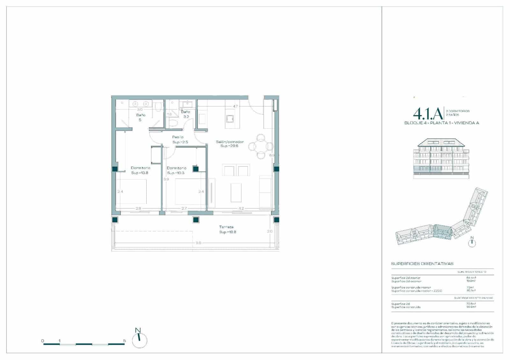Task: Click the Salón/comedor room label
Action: pos(229,142)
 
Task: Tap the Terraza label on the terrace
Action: pos(226,227)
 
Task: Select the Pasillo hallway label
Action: pos(178,137)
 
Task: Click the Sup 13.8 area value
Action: pos(140,173)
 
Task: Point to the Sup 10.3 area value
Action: pos(175,173)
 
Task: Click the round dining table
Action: pos(261,147)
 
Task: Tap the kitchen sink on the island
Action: pos(230,119)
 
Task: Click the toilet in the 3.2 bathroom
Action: pos(173,123)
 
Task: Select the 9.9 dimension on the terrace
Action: pos(198,243)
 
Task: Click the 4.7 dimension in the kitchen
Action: pos(235,106)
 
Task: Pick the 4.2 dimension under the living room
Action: pos(241,209)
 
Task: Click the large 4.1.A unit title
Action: pos(428,113)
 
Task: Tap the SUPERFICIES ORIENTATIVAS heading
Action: pos(422,264)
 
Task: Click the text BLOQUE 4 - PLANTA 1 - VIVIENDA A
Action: pos(441,123)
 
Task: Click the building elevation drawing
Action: pos(441,158)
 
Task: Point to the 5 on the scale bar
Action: pos(124,341)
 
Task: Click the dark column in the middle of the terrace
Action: pos(196,220)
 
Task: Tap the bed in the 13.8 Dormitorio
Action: pos(131,192)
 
